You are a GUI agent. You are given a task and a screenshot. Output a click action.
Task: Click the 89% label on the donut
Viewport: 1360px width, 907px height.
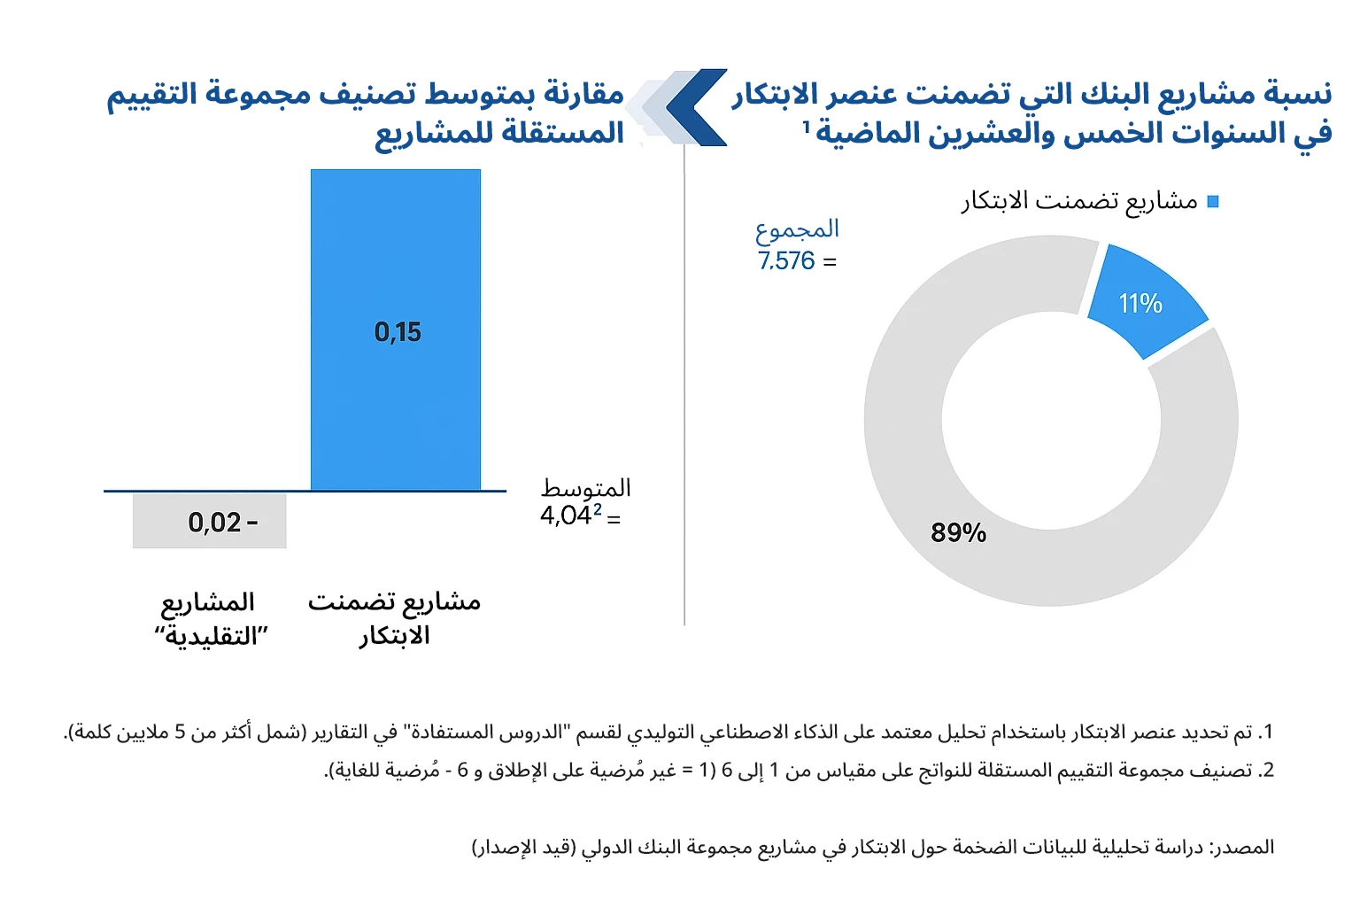click(958, 532)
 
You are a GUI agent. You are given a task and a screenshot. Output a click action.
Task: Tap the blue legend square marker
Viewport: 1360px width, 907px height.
click(1213, 202)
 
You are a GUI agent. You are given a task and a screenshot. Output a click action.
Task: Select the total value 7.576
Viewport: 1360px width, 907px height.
click(786, 261)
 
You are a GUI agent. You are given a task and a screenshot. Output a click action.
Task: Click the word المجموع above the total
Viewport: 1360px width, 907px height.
click(797, 229)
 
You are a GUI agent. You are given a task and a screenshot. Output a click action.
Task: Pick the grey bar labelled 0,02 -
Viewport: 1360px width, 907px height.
click(210, 521)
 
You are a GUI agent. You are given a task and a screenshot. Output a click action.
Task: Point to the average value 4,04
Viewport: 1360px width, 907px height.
click(566, 516)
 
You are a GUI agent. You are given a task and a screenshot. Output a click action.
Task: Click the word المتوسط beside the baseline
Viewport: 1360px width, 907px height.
click(586, 488)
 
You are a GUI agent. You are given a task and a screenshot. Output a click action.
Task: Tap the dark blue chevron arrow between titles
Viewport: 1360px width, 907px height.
click(696, 107)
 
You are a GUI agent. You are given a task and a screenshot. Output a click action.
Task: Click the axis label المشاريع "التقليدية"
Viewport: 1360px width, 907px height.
click(210, 619)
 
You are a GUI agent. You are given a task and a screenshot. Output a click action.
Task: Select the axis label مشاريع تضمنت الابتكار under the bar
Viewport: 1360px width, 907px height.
click(394, 618)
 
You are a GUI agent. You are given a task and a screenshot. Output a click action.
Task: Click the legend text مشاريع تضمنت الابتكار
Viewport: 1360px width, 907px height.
click(1079, 202)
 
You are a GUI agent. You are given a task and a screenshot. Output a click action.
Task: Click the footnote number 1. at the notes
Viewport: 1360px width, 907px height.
click(1266, 733)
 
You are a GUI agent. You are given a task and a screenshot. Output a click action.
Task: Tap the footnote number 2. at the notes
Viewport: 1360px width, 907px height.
click(1266, 771)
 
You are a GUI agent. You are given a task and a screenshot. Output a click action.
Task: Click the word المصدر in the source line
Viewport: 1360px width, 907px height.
click(1245, 848)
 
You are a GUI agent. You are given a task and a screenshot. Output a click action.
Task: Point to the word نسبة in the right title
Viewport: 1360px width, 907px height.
click(1298, 93)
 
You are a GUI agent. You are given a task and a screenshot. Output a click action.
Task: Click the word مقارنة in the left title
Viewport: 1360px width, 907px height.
click(583, 93)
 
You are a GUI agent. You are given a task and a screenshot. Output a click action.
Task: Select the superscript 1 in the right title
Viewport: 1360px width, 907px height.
click(806, 128)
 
